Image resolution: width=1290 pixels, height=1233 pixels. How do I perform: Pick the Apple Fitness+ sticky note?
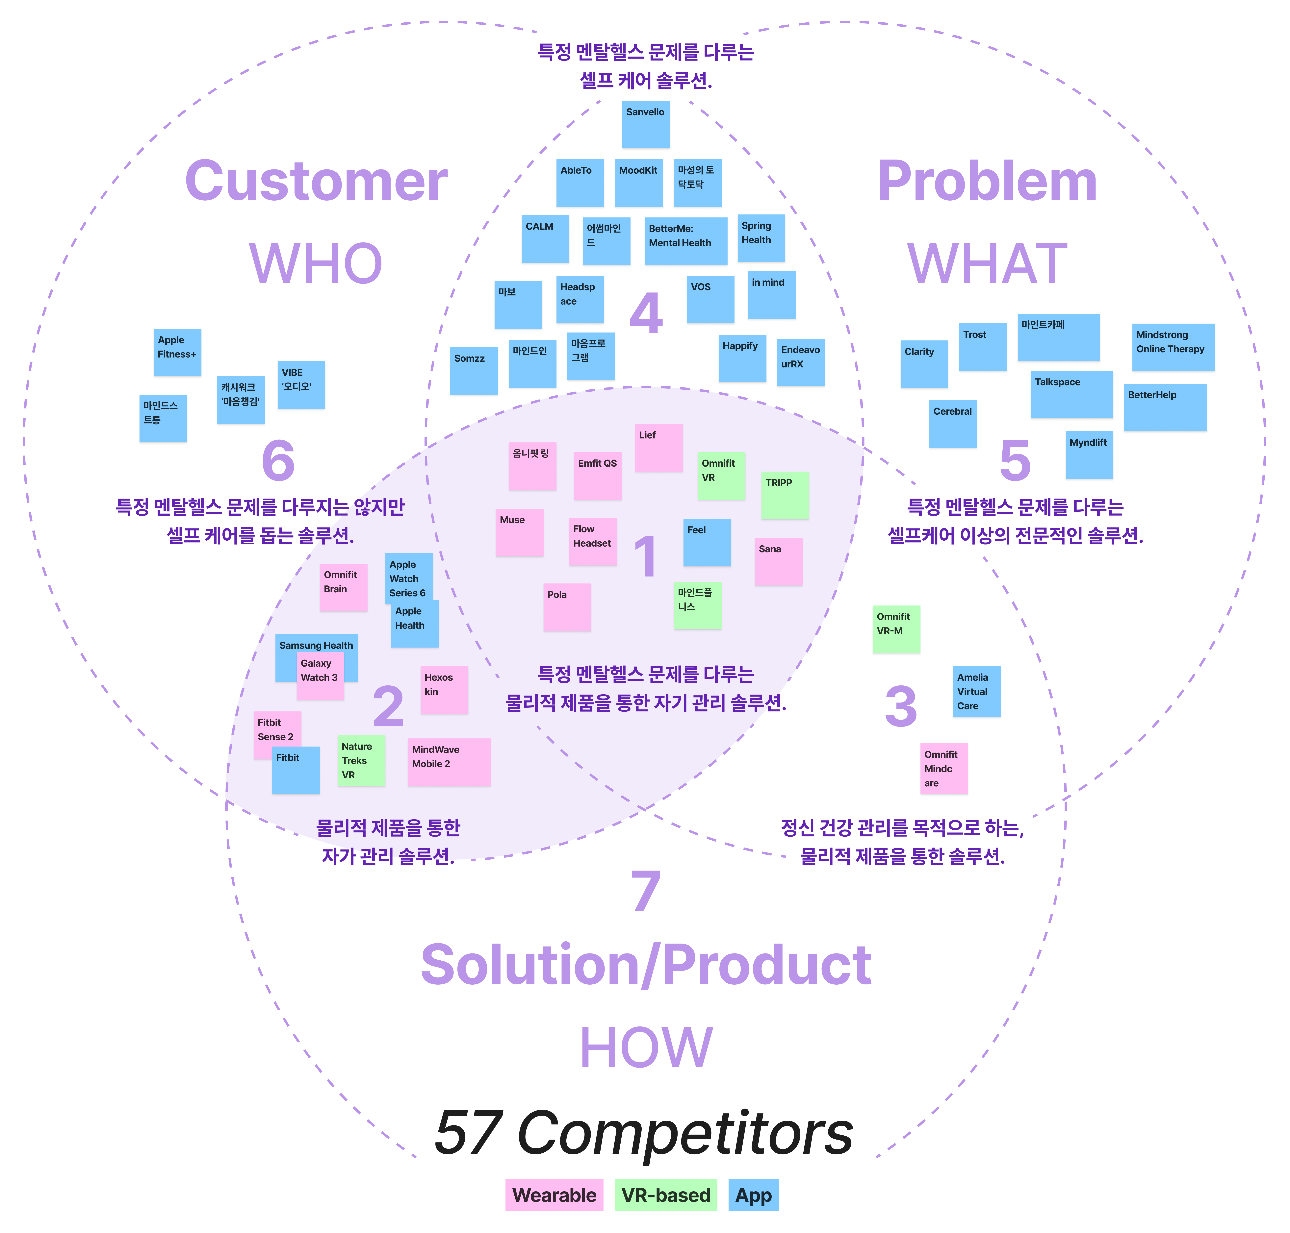point(177,352)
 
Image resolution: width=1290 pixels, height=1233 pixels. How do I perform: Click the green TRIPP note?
point(784,495)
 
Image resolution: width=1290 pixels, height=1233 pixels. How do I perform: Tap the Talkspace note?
point(1071,394)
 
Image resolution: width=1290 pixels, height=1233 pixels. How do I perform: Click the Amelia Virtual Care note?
point(976,691)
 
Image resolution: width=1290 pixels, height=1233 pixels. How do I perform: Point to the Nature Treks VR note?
point(361,760)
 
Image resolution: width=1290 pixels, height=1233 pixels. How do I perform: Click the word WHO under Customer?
point(316,263)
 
